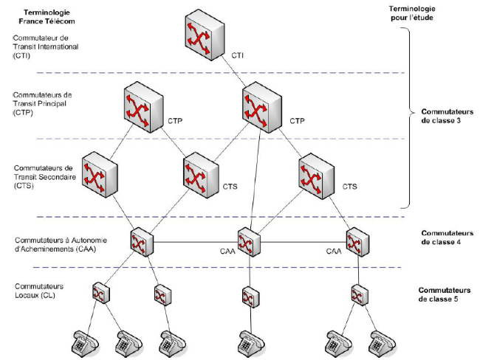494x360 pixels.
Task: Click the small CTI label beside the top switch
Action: pos(239,55)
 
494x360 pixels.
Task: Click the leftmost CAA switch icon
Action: pos(140,242)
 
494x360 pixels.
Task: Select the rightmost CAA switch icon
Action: pos(358,242)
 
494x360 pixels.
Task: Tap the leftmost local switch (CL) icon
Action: pos(100,294)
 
